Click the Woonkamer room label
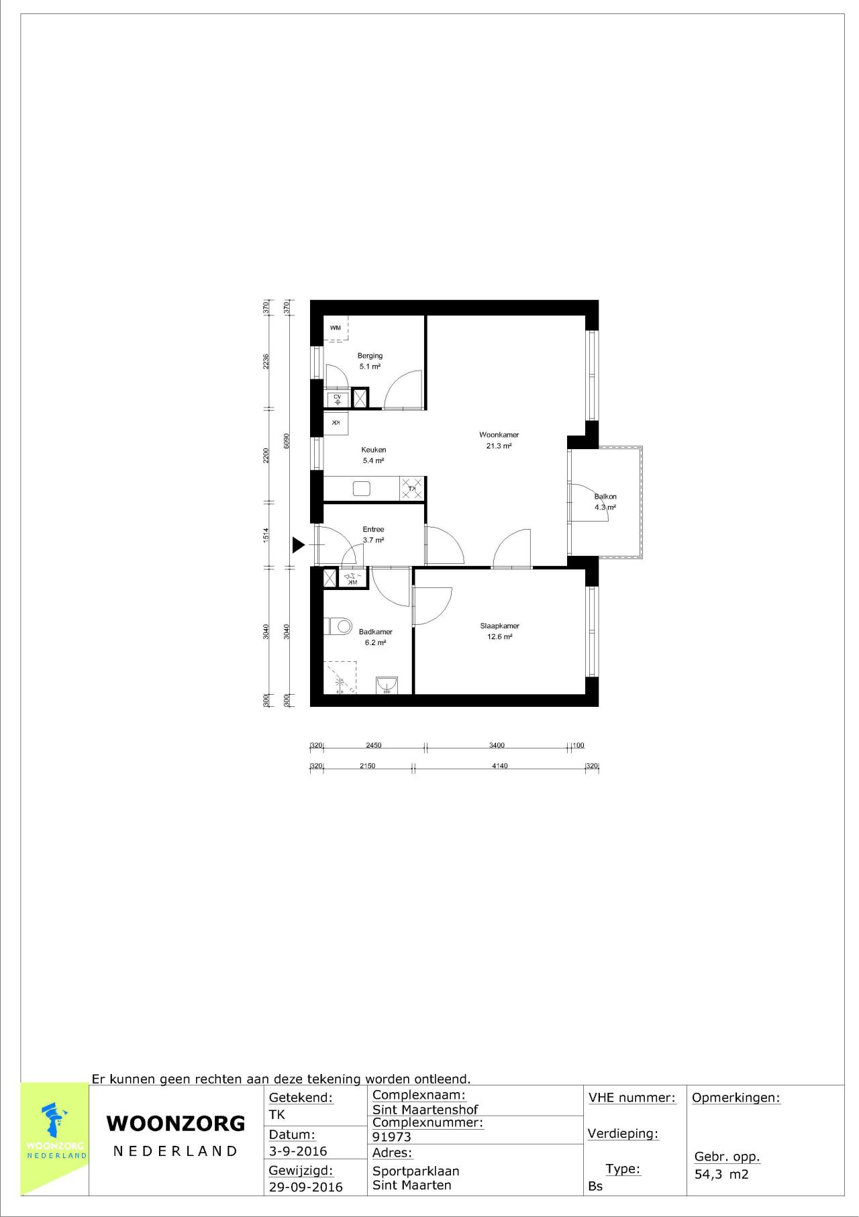click(x=499, y=435)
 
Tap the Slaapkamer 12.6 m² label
click(x=499, y=631)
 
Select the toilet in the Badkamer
click(x=340, y=627)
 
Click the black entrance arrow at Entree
click(x=298, y=545)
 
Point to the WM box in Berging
click(x=336, y=328)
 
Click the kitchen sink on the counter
click(x=362, y=488)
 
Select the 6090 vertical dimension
click(x=287, y=440)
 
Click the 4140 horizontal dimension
click(x=499, y=765)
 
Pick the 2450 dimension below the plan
click(x=373, y=745)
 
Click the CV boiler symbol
click(x=337, y=399)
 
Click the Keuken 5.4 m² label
click(x=373, y=455)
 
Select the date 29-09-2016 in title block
click(x=305, y=1187)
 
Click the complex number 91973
click(x=392, y=1137)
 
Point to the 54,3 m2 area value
click(x=721, y=1174)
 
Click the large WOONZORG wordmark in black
click(x=176, y=1123)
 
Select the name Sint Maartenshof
click(x=425, y=1110)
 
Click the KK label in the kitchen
click(x=336, y=422)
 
